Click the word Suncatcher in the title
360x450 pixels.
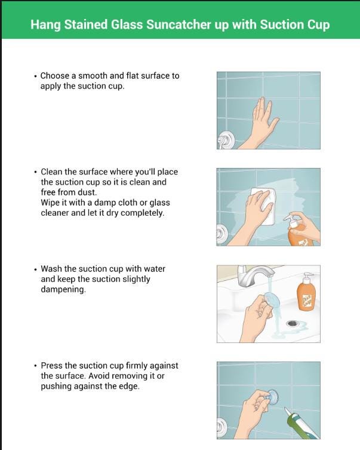tap(179, 25)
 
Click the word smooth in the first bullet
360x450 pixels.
tap(93, 76)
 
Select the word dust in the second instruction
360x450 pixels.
tap(87, 192)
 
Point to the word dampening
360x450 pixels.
tap(63, 290)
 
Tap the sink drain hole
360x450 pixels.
tap(293, 324)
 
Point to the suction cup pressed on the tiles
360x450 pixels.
tap(272, 397)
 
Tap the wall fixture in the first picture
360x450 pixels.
tap(225, 140)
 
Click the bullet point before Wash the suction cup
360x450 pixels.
tap(35, 270)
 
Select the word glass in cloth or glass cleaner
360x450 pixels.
tap(159, 203)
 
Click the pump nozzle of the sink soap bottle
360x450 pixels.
tap(308, 275)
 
